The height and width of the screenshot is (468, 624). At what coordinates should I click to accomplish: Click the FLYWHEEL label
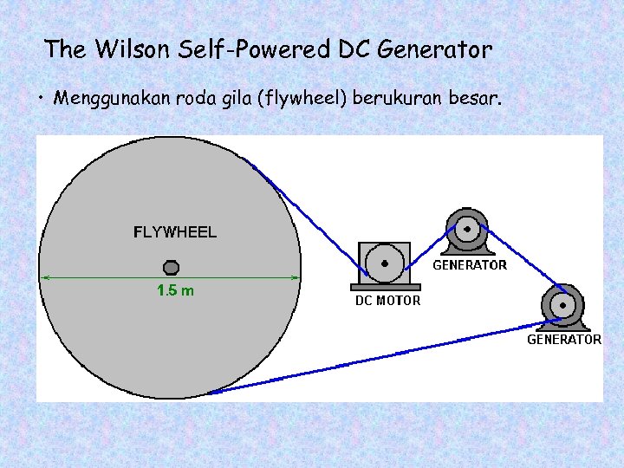174,232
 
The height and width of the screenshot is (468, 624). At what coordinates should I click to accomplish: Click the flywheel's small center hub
172,266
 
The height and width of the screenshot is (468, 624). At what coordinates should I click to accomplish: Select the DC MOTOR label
387,301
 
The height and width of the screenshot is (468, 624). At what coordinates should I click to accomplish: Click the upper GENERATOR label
470,265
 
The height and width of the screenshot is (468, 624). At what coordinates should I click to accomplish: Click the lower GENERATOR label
564,340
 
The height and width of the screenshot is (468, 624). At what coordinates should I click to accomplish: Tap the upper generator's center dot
467,230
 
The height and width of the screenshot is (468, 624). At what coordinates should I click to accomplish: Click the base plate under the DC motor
386,287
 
